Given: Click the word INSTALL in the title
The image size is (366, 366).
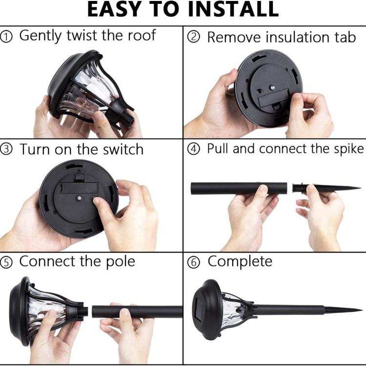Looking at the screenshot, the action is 233,9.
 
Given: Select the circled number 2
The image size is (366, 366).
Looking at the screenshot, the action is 194,38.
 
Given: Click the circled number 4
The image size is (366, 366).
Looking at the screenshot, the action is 194,149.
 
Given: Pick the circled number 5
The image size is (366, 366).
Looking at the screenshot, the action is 6,263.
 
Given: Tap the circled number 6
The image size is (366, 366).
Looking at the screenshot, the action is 194,263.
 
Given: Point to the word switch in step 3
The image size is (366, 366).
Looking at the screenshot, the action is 123,149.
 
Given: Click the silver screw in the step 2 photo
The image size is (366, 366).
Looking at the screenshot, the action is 272,87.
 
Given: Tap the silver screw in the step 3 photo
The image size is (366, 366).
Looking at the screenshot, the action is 80,198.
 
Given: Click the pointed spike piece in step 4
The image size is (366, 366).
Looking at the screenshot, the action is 327,188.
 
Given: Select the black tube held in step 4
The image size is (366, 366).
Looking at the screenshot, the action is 239,188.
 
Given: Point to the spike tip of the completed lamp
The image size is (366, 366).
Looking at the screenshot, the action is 362,310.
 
